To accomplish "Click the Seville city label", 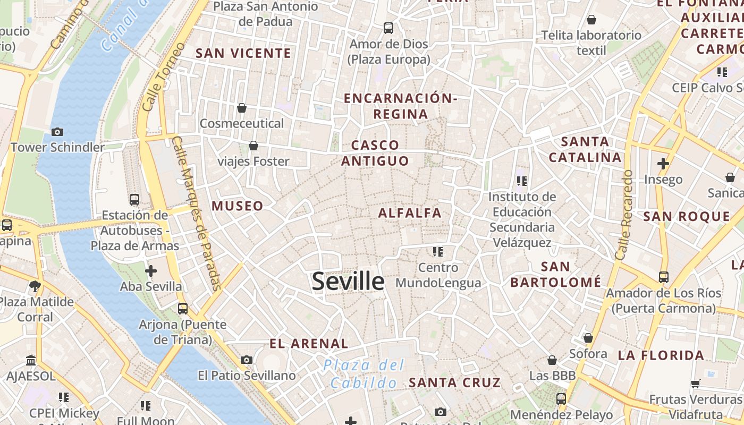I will tap(348, 281).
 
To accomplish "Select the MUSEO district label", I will tap(238, 206).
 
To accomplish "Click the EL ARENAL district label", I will tap(309, 343).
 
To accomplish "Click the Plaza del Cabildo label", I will tap(364, 374).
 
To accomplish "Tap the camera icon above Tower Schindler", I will tap(57, 132).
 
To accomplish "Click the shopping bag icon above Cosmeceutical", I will tap(242, 108).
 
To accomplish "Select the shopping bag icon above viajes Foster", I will tap(253, 146).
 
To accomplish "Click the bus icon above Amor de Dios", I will tap(388, 28).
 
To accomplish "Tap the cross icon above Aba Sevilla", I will tap(151, 271).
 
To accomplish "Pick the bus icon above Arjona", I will tap(183, 308).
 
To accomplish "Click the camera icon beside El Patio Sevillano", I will tap(246, 360).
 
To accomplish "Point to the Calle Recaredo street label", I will tap(623, 215).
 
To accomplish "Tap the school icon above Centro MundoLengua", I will tap(438, 251).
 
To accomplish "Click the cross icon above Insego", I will tap(663, 164).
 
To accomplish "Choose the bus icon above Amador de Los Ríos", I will tap(663, 277).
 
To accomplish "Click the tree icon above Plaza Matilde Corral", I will tap(35, 286).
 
